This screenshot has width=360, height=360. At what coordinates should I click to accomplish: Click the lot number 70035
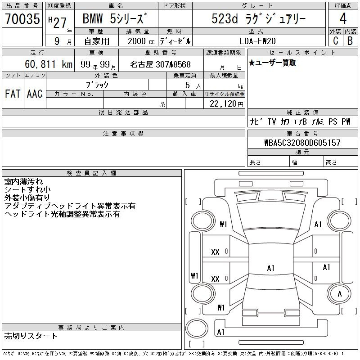[22, 18]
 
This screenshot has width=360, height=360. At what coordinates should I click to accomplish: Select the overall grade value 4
[343, 18]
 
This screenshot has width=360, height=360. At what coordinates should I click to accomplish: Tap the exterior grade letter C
[336, 40]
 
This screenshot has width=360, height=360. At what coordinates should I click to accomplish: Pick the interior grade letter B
[350, 40]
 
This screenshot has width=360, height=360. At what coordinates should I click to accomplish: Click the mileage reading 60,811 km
[49, 64]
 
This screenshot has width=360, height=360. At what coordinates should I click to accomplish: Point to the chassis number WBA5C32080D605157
[302, 143]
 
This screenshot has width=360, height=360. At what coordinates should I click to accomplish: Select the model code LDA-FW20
[257, 41]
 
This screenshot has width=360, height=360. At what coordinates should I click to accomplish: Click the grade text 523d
[225, 18]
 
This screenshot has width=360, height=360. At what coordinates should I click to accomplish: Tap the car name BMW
[93, 18]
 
